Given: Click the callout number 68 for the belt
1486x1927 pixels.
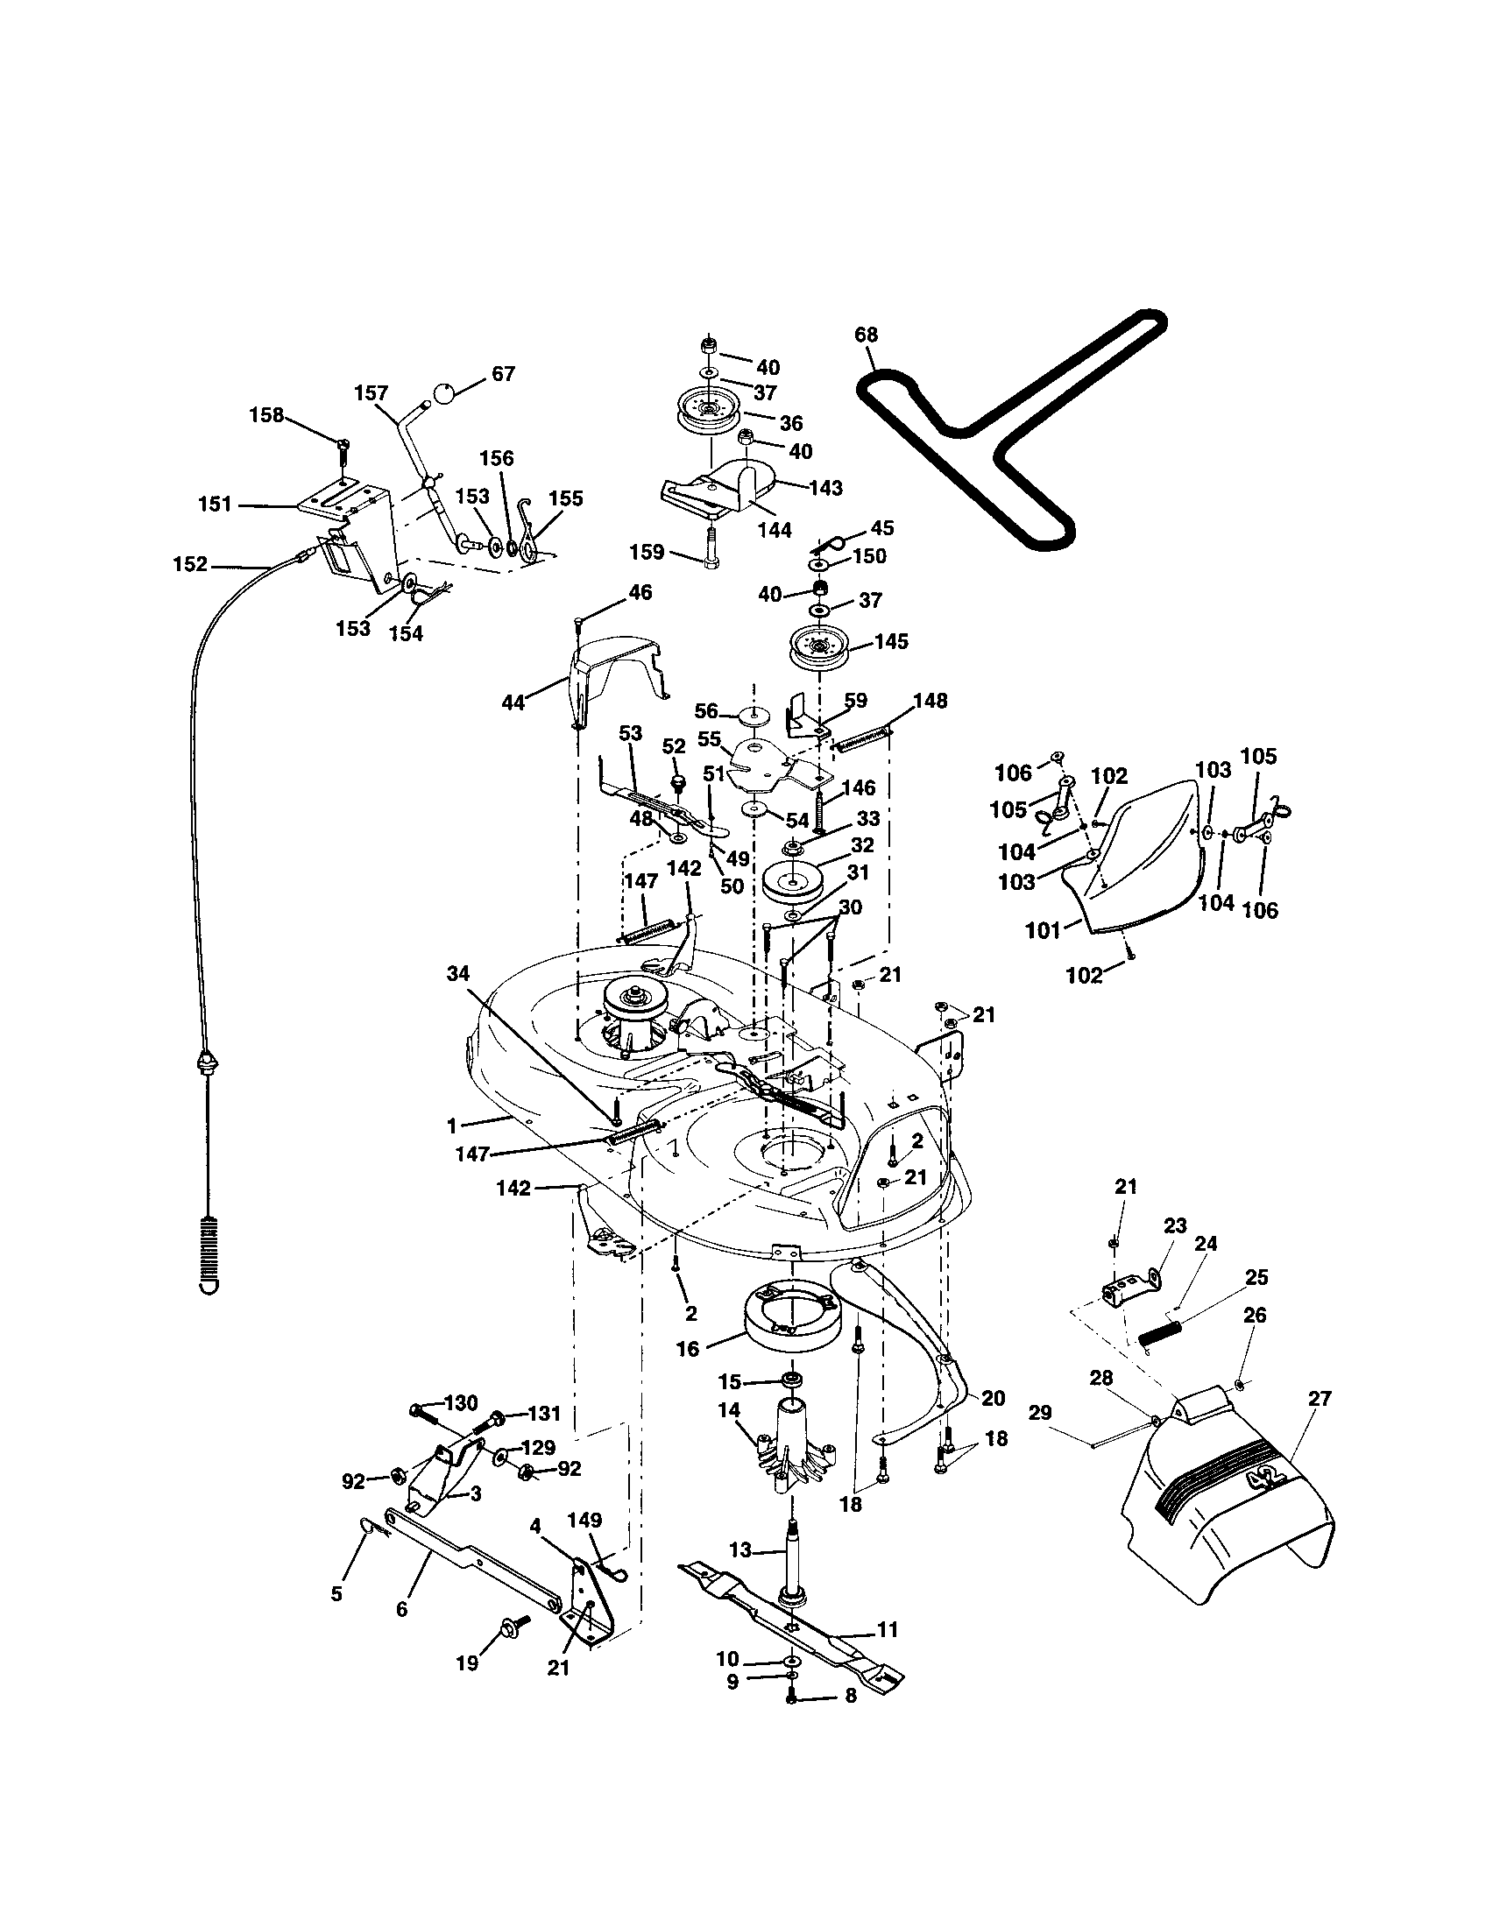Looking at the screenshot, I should pyautogui.click(x=866, y=335).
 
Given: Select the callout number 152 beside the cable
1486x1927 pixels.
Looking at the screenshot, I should pyautogui.click(x=190, y=564).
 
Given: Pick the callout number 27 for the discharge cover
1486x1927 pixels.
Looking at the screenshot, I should pyautogui.click(x=1320, y=1399).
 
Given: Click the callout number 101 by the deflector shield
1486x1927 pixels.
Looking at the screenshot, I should pyautogui.click(x=1042, y=931).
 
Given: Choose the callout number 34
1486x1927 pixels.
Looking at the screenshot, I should pyautogui.click(x=459, y=973).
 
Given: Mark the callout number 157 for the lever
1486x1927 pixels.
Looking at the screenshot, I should pyautogui.click(x=371, y=392).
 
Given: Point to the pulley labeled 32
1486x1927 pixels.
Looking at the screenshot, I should pyautogui.click(x=791, y=884).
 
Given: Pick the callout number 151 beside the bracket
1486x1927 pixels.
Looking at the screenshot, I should pyautogui.click(x=215, y=505).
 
